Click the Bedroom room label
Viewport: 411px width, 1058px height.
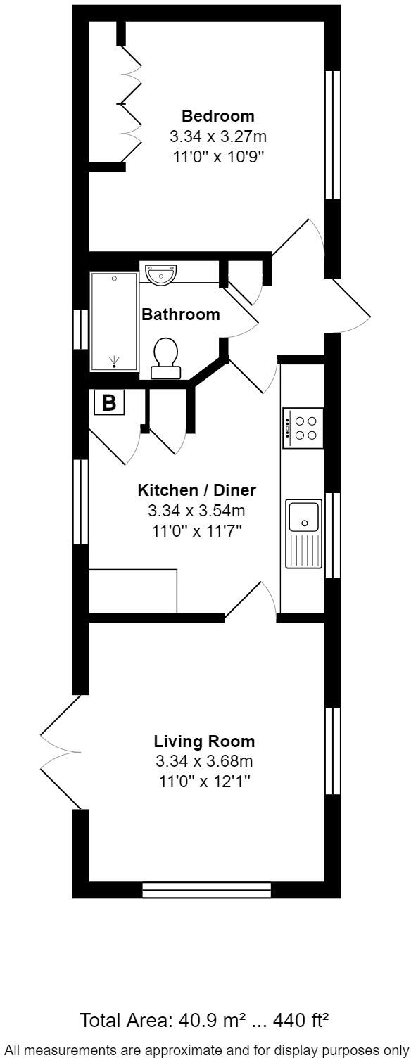217,116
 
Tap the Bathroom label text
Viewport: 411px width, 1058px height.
181,314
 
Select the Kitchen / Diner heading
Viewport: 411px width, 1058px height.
196,490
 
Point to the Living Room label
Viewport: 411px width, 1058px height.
204,741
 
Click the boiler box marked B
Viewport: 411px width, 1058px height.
109,403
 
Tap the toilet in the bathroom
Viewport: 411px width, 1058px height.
166,356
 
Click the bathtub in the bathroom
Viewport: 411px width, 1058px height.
113,321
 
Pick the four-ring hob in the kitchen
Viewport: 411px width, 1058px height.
303,428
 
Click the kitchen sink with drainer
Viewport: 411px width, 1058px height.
304,534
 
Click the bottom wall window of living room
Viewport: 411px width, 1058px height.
206,890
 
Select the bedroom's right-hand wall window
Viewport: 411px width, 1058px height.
332,135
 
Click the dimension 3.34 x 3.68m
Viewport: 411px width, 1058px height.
204,761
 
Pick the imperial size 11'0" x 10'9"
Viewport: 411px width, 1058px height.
217,155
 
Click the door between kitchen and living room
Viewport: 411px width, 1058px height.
250,601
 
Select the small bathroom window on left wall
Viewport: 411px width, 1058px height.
81,328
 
